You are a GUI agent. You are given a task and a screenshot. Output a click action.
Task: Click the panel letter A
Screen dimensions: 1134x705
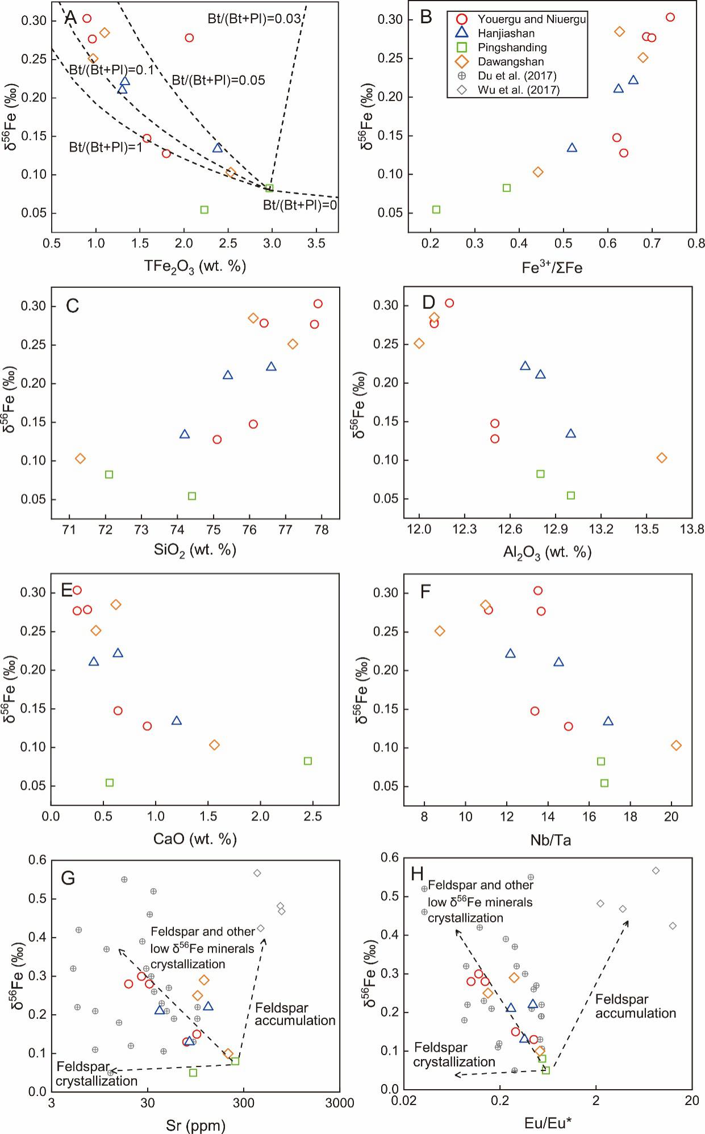(70, 18)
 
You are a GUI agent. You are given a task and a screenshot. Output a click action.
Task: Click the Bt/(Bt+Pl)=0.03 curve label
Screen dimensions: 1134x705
(254, 19)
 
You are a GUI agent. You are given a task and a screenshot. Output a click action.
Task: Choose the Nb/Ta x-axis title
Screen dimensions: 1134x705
(549, 839)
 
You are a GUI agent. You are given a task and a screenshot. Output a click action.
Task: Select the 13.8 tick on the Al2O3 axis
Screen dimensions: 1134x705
(692, 529)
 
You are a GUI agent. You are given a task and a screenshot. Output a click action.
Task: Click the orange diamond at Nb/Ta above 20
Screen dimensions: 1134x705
(676, 745)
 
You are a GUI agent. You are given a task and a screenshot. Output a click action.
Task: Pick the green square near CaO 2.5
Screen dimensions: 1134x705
(308, 761)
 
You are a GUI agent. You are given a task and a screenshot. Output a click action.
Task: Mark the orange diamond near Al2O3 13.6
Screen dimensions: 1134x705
(662, 458)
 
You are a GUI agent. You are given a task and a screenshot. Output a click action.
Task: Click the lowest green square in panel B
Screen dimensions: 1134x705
(436, 210)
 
